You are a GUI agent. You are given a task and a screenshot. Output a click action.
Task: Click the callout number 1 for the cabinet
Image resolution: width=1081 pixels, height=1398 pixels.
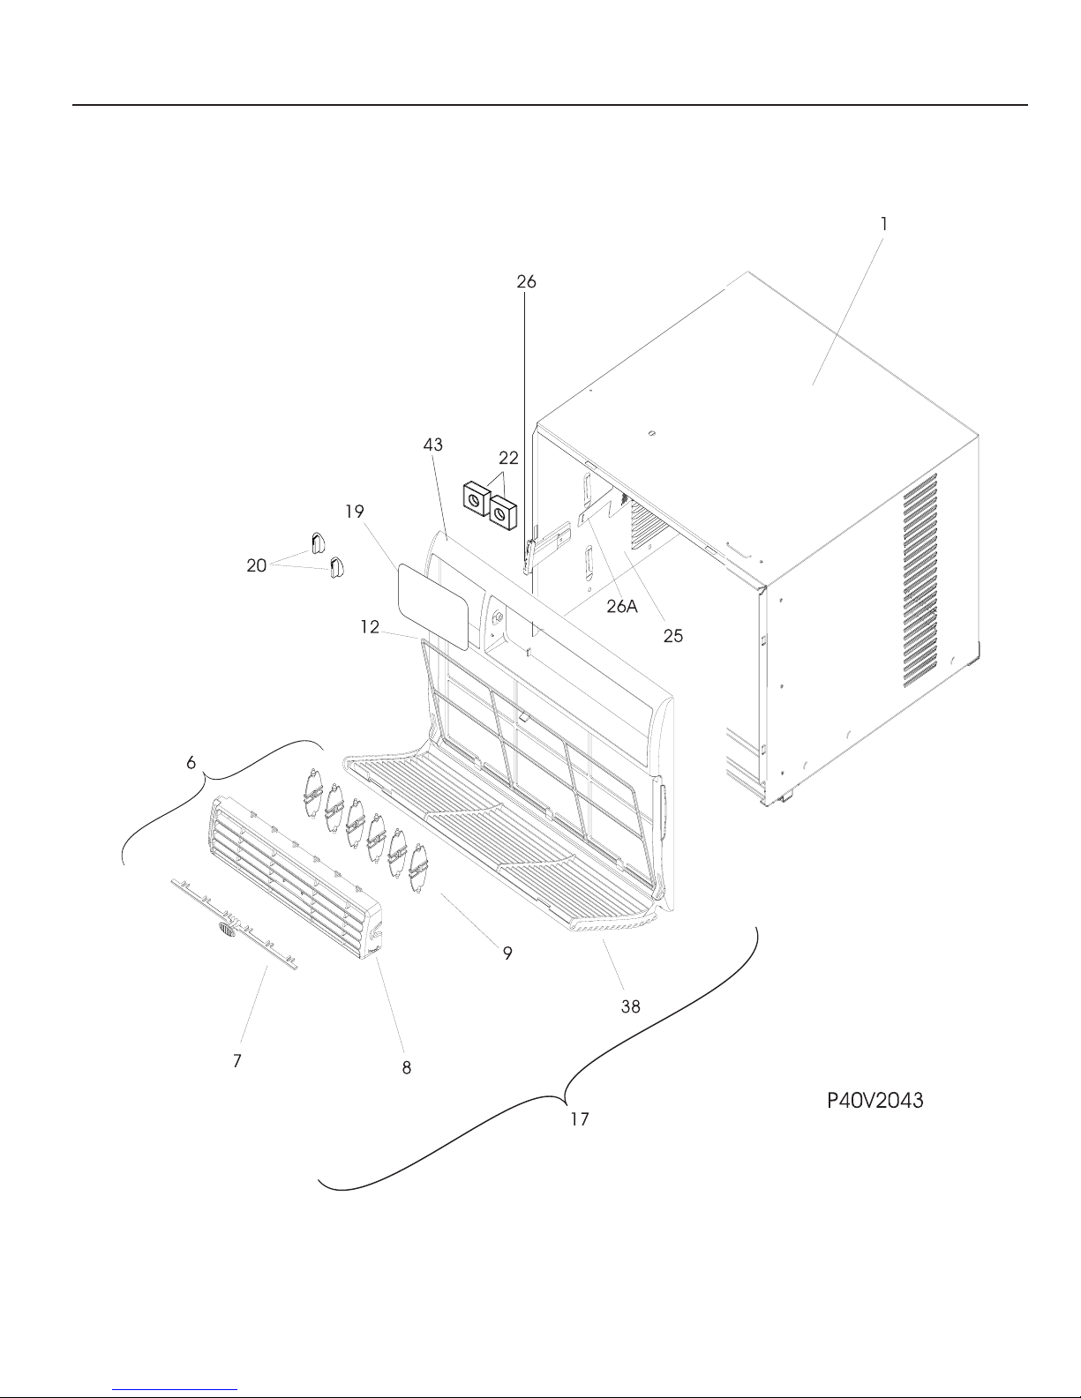click(884, 224)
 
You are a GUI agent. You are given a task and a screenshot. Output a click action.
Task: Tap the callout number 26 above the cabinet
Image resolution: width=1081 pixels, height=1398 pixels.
click(526, 281)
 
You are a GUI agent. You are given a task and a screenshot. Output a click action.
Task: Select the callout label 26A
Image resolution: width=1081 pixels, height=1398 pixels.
click(622, 606)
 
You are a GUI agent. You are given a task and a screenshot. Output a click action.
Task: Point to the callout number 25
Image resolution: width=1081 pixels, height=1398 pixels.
click(673, 636)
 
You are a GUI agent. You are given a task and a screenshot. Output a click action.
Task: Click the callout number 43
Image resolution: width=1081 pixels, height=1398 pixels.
click(433, 445)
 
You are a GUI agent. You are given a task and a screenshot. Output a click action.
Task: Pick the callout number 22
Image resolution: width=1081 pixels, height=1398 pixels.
click(508, 458)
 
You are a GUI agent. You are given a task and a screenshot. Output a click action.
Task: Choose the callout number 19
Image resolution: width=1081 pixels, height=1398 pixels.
click(355, 512)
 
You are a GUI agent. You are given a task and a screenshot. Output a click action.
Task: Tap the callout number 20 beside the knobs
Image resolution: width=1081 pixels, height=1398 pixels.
click(257, 565)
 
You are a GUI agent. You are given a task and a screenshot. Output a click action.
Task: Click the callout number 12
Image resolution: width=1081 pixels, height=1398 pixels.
click(370, 626)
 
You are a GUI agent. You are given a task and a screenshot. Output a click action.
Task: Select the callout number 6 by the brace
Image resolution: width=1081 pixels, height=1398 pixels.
click(191, 763)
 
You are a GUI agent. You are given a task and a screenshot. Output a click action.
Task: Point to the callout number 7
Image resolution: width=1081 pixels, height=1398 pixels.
click(237, 1061)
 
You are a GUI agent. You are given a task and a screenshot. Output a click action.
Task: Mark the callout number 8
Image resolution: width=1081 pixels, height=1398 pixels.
click(407, 1068)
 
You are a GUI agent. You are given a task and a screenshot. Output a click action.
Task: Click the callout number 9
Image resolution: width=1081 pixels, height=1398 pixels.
click(507, 953)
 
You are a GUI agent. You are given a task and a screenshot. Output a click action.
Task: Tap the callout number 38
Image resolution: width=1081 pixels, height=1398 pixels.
click(631, 1007)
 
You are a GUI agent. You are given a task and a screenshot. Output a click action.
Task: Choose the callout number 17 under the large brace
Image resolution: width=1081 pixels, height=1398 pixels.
click(580, 1119)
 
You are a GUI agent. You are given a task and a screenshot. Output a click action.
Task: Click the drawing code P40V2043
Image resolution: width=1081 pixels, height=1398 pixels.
click(875, 1101)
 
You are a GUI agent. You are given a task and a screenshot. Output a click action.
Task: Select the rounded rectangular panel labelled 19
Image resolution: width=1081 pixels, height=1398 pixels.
click(433, 606)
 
